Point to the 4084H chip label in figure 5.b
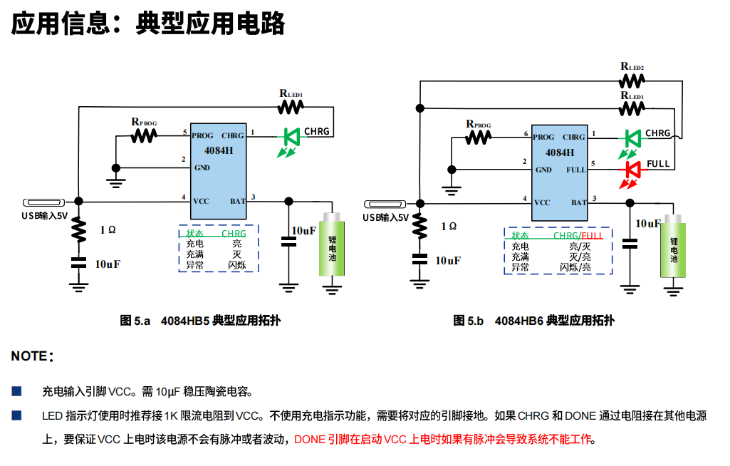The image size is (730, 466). click(560, 152)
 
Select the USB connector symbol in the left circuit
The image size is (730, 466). click(44, 202)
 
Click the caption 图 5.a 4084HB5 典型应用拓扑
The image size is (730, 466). click(200, 321)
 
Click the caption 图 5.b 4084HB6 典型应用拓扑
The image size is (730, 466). click(534, 321)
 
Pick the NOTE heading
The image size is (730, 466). click(31, 356)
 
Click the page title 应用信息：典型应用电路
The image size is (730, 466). click(148, 24)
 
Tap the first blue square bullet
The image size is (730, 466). click(16, 391)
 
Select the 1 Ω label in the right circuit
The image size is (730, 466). click(449, 226)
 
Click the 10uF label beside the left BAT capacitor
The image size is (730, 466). click(304, 230)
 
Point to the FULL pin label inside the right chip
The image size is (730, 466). click(575, 170)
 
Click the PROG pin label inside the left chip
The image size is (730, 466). click(202, 135)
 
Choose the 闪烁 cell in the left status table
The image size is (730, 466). click(236, 264)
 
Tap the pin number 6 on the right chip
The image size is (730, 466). click(526, 133)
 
